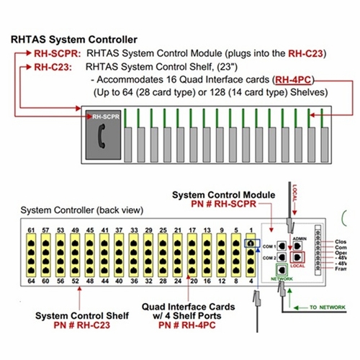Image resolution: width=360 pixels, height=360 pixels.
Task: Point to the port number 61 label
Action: [31, 230]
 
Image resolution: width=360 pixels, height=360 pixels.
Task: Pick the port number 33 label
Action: [134, 230]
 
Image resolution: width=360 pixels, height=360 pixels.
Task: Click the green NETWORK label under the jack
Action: [282, 281]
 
